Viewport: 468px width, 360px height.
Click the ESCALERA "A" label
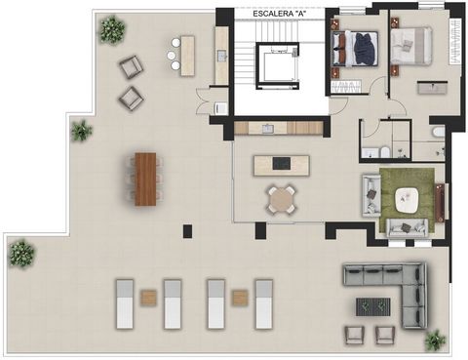[280, 14]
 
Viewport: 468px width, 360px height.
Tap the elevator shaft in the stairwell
[277, 66]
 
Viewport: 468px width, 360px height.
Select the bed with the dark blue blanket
[355, 49]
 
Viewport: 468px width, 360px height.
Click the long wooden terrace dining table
[145, 180]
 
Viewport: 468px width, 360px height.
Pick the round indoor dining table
[282, 200]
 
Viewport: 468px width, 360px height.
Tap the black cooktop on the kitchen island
[282, 163]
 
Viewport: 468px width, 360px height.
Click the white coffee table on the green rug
[407, 200]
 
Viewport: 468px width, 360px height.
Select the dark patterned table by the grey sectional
[373, 306]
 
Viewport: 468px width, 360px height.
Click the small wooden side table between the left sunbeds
[148, 298]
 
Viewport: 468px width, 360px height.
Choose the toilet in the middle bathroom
[384, 152]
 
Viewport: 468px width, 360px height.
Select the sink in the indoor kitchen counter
[268, 129]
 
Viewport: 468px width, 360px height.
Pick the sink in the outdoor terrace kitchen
[222, 56]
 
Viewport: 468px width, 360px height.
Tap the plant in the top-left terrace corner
[112, 30]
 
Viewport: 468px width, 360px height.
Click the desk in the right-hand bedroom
[433, 88]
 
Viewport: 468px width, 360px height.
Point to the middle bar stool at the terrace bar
[172, 56]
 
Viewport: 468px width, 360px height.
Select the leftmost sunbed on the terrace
[125, 303]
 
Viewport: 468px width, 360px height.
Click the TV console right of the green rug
[440, 203]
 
